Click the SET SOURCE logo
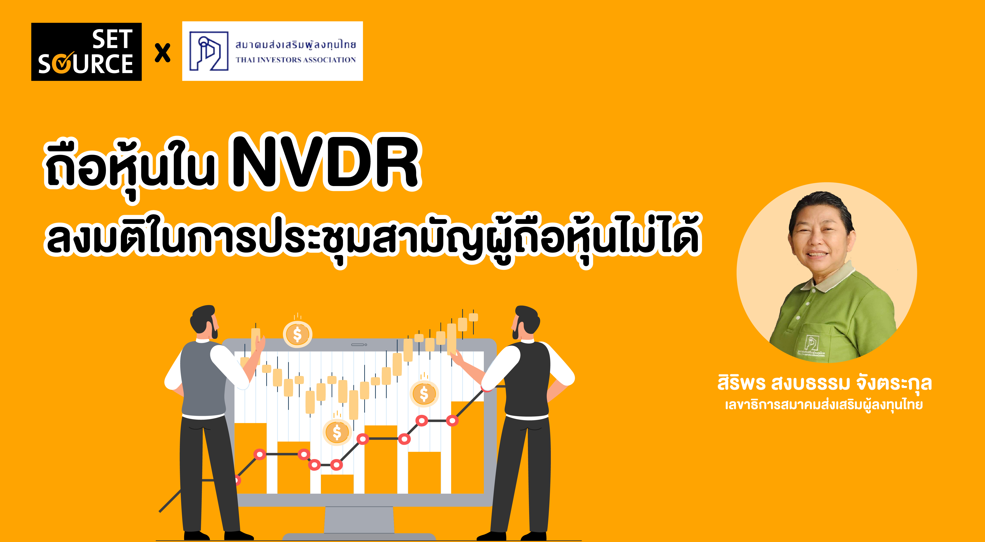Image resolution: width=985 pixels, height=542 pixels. (86, 52)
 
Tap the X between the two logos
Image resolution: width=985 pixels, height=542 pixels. (163, 53)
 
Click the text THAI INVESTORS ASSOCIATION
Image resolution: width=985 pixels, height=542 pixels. (295, 60)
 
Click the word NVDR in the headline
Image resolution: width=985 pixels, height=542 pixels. (325, 163)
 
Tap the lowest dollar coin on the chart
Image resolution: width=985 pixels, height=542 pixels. (336, 432)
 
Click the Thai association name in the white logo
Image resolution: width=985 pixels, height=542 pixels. (295, 45)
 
